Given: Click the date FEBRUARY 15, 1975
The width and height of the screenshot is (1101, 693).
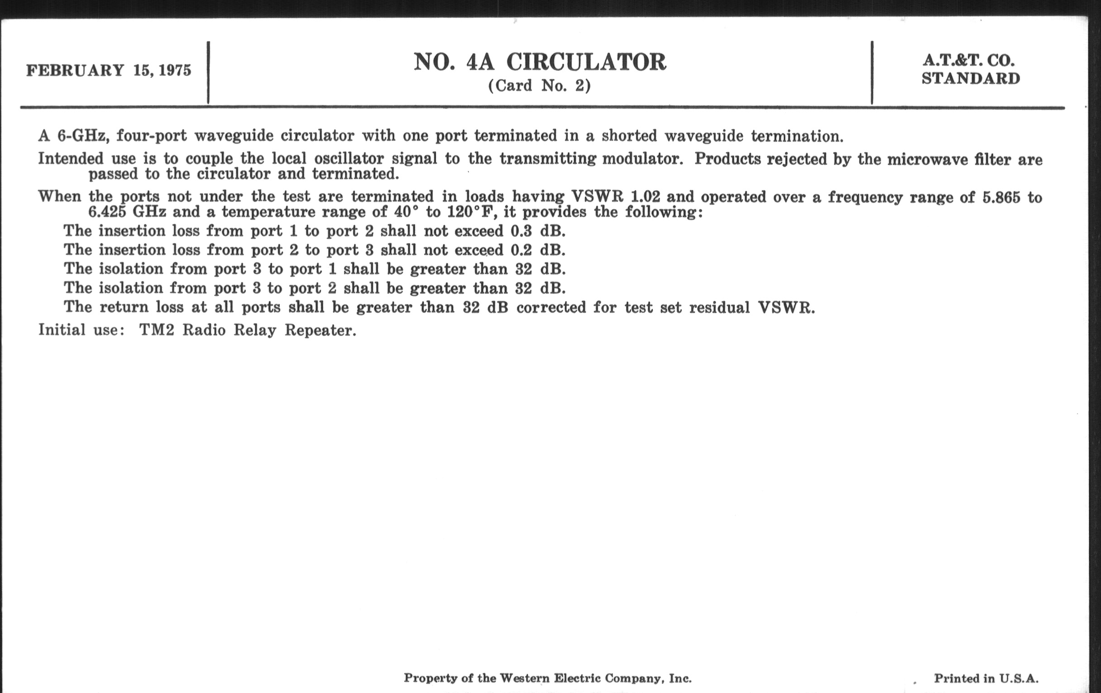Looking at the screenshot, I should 108,71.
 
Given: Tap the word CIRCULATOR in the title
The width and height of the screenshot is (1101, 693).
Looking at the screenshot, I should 586,62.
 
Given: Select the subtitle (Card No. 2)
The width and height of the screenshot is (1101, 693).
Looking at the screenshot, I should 540,86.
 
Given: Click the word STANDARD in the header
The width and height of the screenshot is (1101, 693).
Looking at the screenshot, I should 971,79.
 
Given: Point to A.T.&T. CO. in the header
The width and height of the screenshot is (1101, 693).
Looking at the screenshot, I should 968,60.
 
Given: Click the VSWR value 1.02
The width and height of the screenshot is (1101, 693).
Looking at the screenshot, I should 645,197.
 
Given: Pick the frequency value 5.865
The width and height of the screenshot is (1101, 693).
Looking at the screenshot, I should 1001,197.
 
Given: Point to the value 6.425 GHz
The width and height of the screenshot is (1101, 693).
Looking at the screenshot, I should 127,212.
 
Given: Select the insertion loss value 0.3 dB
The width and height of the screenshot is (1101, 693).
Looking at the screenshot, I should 538,231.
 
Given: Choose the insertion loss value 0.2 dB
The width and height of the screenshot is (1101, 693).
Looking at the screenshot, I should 538,250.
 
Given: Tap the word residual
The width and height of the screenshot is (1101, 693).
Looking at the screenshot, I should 719,308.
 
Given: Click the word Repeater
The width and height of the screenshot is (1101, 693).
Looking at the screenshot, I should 320,330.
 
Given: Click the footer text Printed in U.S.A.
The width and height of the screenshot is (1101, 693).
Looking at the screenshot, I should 986,678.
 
